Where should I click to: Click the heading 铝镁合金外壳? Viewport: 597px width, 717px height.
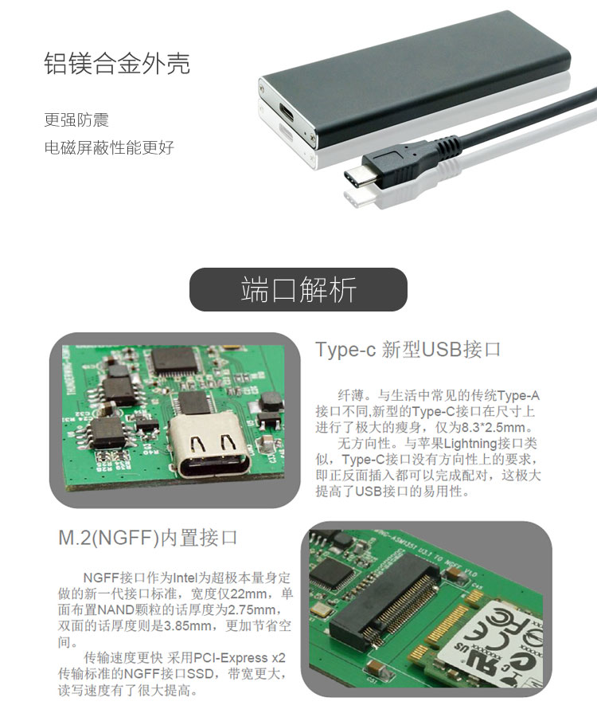tap(117, 63)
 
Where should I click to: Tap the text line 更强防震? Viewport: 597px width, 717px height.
tap(76, 119)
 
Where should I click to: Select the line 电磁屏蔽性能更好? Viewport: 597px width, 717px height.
tap(109, 147)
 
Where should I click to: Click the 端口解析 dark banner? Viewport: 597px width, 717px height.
tap(298, 289)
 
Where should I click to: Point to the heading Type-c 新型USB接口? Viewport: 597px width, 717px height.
tap(408, 350)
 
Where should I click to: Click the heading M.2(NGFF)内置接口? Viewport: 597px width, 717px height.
tap(147, 537)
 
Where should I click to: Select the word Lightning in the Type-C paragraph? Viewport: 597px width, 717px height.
tap(470, 443)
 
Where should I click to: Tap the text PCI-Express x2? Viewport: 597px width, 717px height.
tap(240, 657)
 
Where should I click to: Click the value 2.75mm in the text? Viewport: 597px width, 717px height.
tap(252, 609)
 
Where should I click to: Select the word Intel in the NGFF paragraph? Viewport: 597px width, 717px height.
tap(185, 578)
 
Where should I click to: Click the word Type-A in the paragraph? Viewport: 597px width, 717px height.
tap(519, 395)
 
